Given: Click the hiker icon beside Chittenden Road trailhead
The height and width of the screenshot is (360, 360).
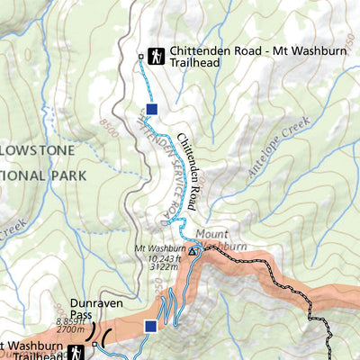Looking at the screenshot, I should tap(157, 56).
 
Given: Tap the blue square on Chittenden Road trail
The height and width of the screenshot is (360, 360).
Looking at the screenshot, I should tap(152, 109).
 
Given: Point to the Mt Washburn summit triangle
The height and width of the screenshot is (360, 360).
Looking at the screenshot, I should tap(192, 252).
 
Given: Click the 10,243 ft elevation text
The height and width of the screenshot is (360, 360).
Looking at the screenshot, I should tap(166, 257).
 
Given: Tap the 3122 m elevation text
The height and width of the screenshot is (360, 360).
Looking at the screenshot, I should tap(166, 266).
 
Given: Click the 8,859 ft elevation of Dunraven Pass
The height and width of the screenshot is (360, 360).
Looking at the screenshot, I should tap(70, 322).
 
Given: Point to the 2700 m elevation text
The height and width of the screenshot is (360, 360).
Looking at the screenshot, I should tap(71, 331).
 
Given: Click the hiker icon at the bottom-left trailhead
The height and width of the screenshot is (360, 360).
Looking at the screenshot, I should tap(75, 350).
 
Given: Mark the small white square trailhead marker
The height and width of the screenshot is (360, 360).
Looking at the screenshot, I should tap(140, 57).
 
